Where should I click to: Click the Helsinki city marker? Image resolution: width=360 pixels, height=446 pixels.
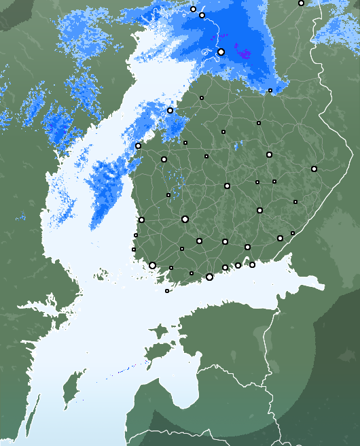point(209,277)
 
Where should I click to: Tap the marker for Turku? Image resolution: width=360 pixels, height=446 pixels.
point(152,265)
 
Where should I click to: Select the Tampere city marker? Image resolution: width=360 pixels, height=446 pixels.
point(185,219)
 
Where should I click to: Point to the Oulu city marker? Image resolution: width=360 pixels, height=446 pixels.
point(221,52)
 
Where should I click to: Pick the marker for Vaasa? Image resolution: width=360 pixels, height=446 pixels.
point(138,145)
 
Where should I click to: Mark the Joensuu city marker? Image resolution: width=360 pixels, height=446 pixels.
point(314,169)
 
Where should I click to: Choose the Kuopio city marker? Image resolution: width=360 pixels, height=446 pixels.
point(269,154)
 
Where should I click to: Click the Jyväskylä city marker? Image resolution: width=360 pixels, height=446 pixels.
point(227,186)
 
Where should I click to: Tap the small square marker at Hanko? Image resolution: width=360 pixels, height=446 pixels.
point(167,291)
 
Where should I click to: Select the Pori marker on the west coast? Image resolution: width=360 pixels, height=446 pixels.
point(141,220)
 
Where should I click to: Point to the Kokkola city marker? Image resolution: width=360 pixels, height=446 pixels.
point(170,110)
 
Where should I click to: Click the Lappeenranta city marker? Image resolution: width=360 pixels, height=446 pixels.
point(280,238)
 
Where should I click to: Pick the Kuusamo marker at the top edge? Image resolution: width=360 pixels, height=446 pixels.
point(301,3)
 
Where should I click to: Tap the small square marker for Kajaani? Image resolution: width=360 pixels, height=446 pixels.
point(259,123)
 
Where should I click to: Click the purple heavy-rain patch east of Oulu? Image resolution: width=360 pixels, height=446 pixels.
point(243,52)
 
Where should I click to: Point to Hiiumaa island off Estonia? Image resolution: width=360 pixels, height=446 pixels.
point(158,333)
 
